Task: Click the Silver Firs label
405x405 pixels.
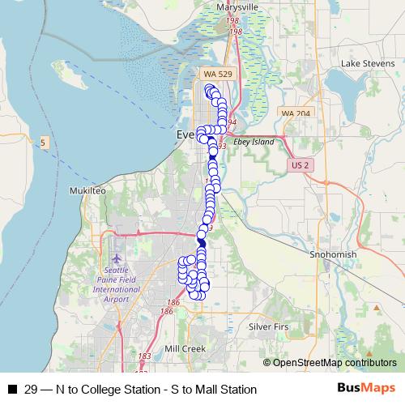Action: coord(268,326)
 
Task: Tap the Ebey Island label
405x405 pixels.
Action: coord(255,141)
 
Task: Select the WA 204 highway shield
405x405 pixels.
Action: coord(295,113)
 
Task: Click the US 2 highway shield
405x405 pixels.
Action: coord(300,164)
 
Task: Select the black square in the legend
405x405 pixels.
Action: coord(11,390)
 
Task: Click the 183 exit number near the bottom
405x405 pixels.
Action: coord(145,356)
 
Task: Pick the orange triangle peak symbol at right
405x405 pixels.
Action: coord(376,307)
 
